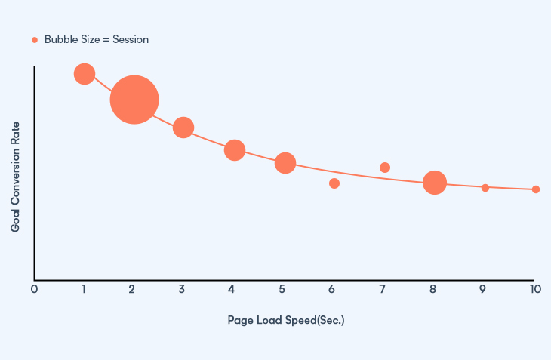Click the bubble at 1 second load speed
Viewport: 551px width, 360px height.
point(85,73)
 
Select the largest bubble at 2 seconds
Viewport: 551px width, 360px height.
point(134,99)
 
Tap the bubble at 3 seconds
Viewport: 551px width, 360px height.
point(183,128)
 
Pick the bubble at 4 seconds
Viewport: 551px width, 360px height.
point(235,150)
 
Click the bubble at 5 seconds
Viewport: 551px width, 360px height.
point(285,162)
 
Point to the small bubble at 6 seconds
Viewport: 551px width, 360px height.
point(334,183)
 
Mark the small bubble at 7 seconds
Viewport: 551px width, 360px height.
point(385,168)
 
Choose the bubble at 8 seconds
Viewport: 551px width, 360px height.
point(434,182)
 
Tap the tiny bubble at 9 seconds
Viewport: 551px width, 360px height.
point(485,188)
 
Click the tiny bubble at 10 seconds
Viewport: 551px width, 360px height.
point(536,189)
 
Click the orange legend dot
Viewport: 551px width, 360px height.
point(34,40)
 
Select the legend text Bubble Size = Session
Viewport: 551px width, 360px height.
point(96,40)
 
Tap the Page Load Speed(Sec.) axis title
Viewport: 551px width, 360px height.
point(286,320)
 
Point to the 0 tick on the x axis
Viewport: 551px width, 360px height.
point(34,288)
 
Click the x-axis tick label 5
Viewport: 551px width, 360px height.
point(282,288)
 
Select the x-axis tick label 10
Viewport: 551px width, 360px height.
point(535,288)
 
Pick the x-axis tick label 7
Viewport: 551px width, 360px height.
point(383,288)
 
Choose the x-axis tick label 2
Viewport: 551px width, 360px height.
point(132,288)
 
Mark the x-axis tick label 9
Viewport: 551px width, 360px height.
point(484,288)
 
